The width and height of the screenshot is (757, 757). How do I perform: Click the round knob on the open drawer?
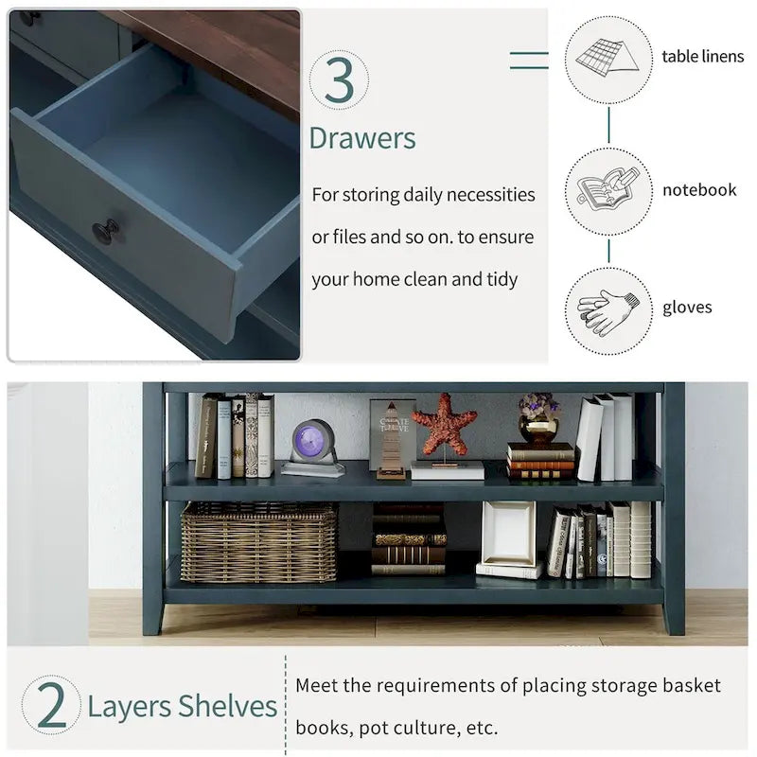pos(106,231)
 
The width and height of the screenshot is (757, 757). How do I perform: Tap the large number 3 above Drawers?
pos(340,79)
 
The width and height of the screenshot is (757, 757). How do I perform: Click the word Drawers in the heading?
pos(362,138)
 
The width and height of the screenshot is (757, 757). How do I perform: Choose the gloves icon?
pos(607,311)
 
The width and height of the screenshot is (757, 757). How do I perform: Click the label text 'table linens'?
pos(702,57)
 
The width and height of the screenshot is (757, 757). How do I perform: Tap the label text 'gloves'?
pos(687,308)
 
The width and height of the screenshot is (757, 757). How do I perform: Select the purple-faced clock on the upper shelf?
pos(312,447)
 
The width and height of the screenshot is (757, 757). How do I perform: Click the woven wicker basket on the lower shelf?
pos(258,541)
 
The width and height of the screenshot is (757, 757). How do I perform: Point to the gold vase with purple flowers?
pos(539,418)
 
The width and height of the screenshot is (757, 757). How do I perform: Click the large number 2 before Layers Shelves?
pos(51,705)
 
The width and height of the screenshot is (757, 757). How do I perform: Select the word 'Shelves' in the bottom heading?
pos(227,706)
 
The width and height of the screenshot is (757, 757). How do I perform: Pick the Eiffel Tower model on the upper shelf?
pos(392,440)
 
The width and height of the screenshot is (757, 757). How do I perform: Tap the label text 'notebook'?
pos(699,190)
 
